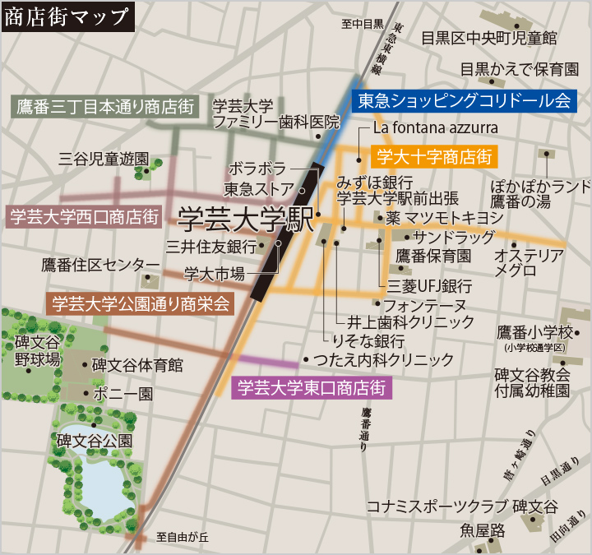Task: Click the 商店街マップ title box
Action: (x=67, y=16)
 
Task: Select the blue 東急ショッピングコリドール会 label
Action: (x=465, y=100)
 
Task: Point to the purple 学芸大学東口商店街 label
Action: (x=312, y=386)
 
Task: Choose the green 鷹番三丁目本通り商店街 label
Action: (x=105, y=106)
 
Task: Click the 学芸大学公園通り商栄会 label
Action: (x=141, y=303)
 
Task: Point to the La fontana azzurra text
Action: (x=435, y=128)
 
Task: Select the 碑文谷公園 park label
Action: (x=94, y=441)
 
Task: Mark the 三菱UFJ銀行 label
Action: (x=430, y=286)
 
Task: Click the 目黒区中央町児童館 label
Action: (x=488, y=37)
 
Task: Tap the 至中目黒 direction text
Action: (x=363, y=23)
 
